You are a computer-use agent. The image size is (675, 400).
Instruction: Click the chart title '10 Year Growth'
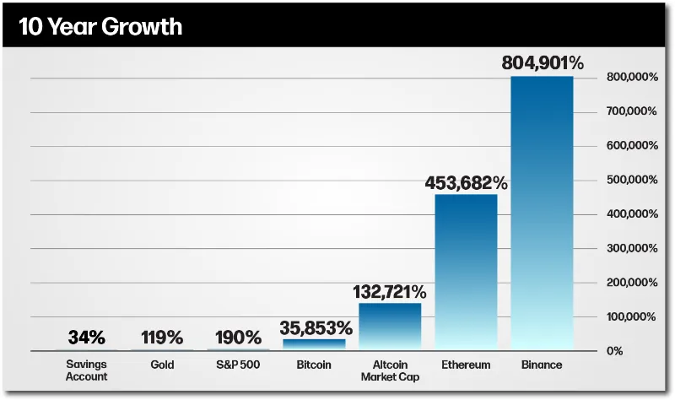click(100, 26)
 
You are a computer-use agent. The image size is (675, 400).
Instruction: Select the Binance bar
click(542, 211)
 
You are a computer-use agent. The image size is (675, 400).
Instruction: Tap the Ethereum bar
click(466, 270)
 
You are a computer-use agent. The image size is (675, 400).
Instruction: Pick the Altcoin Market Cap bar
click(390, 325)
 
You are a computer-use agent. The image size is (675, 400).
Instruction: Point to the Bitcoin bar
click(314, 343)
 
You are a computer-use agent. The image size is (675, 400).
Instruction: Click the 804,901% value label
click(542, 63)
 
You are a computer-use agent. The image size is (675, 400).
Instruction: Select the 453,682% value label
click(466, 182)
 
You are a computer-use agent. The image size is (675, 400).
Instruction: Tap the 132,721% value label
click(390, 292)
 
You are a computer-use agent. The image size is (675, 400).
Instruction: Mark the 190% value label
click(238, 338)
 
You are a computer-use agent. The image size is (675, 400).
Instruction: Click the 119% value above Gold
click(162, 338)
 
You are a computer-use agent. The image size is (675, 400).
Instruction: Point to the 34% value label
click(86, 338)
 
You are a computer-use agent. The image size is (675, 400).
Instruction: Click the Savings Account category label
click(86, 370)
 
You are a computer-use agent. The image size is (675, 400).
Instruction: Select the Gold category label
click(162, 365)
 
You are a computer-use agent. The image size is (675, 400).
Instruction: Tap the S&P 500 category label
click(238, 365)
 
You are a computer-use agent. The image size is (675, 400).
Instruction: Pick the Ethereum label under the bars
click(466, 365)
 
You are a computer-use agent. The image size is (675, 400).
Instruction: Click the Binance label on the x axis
click(542, 365)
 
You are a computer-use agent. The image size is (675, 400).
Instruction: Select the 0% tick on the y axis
click(616, 350)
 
